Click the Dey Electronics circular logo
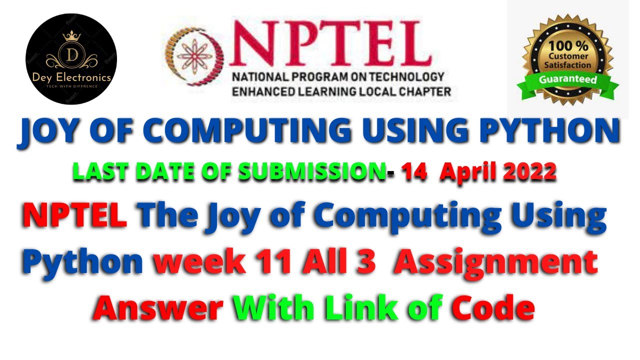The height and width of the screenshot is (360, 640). [x=71, y=59]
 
